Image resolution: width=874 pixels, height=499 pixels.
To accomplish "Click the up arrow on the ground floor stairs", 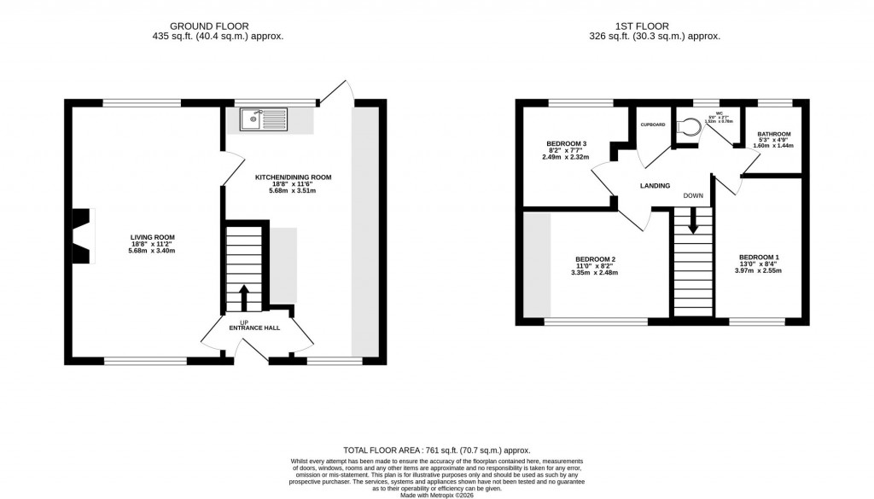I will [x=244, y=298].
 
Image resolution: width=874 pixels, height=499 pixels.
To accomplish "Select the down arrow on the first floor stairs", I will [x=693, y=221].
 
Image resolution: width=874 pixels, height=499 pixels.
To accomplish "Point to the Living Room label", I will [x=151, y=237].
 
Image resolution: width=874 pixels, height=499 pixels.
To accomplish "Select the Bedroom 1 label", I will [x=759, y=258].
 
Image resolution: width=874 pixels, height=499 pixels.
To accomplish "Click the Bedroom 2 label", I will [x=596, y=259].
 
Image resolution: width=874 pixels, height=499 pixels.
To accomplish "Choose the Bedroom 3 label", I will [x=567, y=142].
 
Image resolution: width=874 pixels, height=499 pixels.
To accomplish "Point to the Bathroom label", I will [x=773, y=134].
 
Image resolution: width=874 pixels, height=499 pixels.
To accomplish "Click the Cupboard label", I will [x=653, y=125].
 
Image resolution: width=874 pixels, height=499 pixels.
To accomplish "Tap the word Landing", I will [x=655, y=185].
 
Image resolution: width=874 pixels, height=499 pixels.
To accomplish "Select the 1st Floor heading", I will [x=655, y=26].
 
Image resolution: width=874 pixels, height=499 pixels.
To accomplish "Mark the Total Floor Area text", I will [x=436, y=450].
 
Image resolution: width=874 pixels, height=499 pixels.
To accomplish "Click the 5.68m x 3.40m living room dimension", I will [x=151, y=251].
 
